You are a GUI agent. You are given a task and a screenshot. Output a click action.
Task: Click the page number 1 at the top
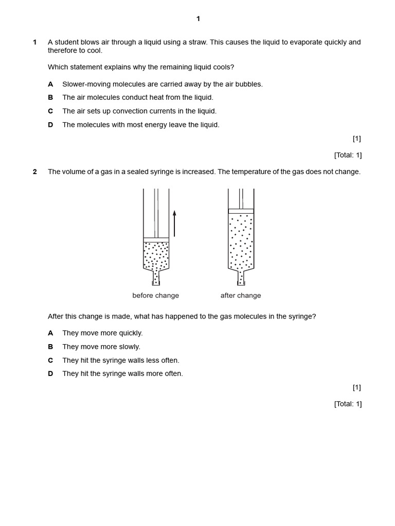(198, 19)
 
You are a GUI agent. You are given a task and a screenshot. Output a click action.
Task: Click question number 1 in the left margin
(35, 42)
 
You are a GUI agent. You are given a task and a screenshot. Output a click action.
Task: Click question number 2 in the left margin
(35, 172)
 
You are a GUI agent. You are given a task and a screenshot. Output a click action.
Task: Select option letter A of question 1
(50, 84)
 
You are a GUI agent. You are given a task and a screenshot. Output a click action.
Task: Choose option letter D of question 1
(50, 124)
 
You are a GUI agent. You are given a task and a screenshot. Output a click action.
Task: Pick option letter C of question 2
(50, 360)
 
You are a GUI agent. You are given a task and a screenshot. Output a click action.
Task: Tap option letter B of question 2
(50, 347)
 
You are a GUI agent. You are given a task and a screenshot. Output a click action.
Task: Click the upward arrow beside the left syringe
(174, 223)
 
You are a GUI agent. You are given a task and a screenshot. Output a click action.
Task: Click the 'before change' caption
(155, 295)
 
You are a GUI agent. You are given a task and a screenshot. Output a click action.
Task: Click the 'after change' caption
(240, 295)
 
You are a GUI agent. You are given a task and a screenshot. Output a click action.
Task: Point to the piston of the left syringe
(156, 239)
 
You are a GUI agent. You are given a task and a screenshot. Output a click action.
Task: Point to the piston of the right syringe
(241, 211)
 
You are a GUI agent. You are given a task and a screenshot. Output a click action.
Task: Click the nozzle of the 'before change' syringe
(156, 278)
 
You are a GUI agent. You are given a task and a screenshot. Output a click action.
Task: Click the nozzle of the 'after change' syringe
(241, 278)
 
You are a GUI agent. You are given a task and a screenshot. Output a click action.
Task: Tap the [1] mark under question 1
(356, 138)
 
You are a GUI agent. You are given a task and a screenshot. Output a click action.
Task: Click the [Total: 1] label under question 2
(348, 404)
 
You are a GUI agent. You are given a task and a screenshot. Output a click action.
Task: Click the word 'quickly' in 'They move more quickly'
(131, 333)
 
